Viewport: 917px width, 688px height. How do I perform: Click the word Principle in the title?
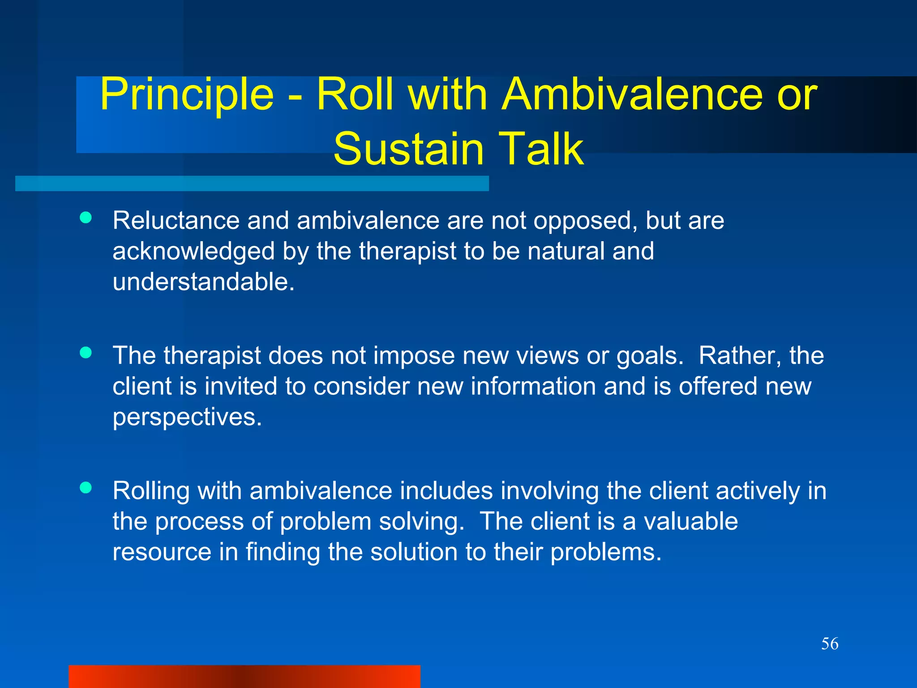(187, 95)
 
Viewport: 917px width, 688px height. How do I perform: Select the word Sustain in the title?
(409, 149)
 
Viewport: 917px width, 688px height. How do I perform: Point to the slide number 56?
(830, 644)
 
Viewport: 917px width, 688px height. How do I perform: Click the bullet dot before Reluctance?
(86, 218)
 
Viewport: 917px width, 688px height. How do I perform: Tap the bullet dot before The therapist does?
(86, 353)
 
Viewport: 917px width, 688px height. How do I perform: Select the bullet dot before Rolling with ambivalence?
(86, 487)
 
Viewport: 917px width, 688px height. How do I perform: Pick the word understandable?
(204, 282)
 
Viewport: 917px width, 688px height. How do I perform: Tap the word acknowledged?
(193, 251)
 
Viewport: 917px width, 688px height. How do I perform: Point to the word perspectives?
(187, 417)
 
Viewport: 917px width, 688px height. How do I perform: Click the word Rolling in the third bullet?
(151, 491)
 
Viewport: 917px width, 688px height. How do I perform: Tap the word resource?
(162, 552)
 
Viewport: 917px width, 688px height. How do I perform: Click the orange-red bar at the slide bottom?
(244, 676)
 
